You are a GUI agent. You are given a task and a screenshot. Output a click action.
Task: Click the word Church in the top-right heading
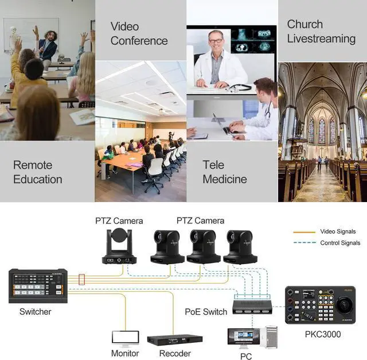coord(304,24)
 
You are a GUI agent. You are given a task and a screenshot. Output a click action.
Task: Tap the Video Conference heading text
coord(139,33)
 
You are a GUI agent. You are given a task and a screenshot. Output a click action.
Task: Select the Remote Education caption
coord(37,172)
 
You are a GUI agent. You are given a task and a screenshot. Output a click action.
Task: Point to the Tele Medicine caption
coord(224,172)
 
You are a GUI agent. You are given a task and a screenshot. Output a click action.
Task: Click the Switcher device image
coord(38,286)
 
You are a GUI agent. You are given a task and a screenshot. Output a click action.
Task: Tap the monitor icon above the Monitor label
coord(124,338)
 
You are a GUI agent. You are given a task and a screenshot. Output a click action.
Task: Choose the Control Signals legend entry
coord(339,243)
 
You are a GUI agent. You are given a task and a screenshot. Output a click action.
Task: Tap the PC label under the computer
coord(246,357)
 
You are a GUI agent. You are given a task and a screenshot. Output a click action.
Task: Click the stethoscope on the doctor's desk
coord(240,87)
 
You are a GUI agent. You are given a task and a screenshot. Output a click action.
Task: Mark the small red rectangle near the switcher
coord(81,280)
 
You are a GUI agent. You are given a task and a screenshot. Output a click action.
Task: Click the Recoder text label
coord(174,354)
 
